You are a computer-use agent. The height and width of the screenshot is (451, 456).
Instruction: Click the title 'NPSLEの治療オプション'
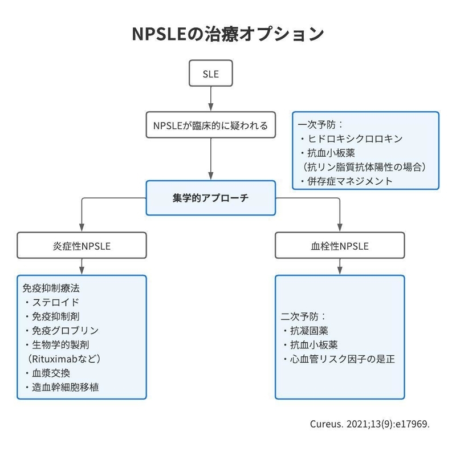pos(227,32)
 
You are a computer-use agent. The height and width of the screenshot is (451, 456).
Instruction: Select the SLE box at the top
pos(211,75)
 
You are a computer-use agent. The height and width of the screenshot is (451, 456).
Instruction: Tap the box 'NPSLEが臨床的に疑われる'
pos(211,125)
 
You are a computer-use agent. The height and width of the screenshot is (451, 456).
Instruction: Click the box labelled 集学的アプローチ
pos(211,197)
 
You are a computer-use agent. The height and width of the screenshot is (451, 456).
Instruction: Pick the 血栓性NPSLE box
pos(340,246)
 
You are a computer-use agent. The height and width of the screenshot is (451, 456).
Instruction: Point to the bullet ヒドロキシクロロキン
pos(353,139)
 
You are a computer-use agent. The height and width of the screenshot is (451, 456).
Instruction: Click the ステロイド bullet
pos(54,302)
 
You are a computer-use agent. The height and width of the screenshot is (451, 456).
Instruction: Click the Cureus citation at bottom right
pos(369,425)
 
